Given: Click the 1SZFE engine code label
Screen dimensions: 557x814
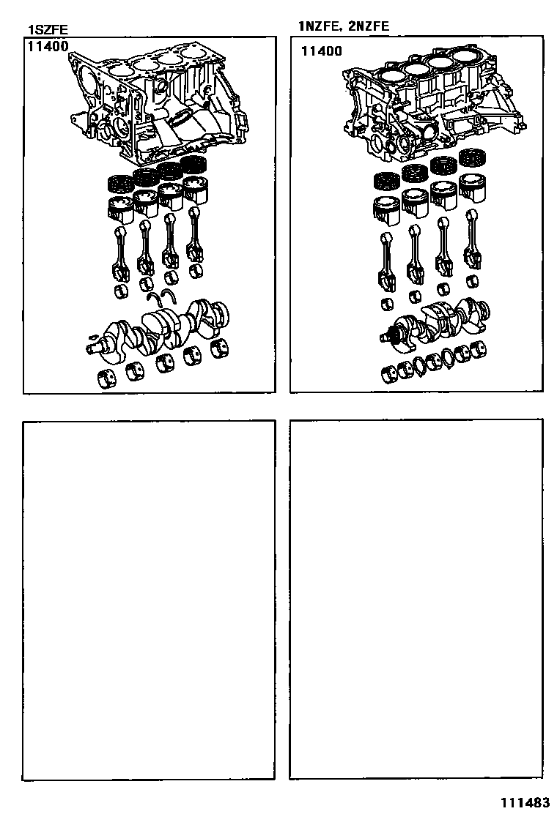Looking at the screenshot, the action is pos(48,30).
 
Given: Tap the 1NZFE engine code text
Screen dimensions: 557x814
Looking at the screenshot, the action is pos(319,26).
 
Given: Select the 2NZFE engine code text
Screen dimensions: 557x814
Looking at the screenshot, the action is pos(369,26).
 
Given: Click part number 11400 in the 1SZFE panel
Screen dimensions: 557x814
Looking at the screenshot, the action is pos(48,46).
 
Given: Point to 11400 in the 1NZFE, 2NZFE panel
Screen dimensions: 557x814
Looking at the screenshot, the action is pos(322,51).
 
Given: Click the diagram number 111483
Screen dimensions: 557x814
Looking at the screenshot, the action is pos(525,802).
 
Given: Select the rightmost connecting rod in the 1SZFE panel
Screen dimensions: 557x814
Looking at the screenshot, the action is pos(196,233).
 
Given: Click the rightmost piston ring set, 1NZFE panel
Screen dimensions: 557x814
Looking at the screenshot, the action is pos(473,158).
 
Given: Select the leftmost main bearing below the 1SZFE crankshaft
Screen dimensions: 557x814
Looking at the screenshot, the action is pos(107,378).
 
